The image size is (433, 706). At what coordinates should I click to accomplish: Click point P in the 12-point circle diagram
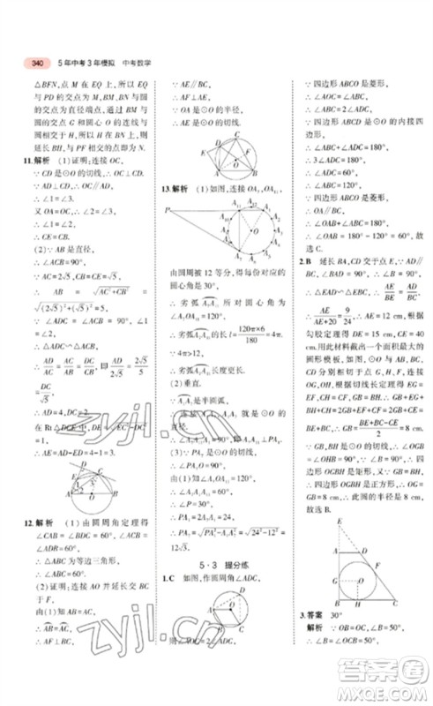165,209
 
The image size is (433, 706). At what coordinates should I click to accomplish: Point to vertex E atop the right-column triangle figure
340,523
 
